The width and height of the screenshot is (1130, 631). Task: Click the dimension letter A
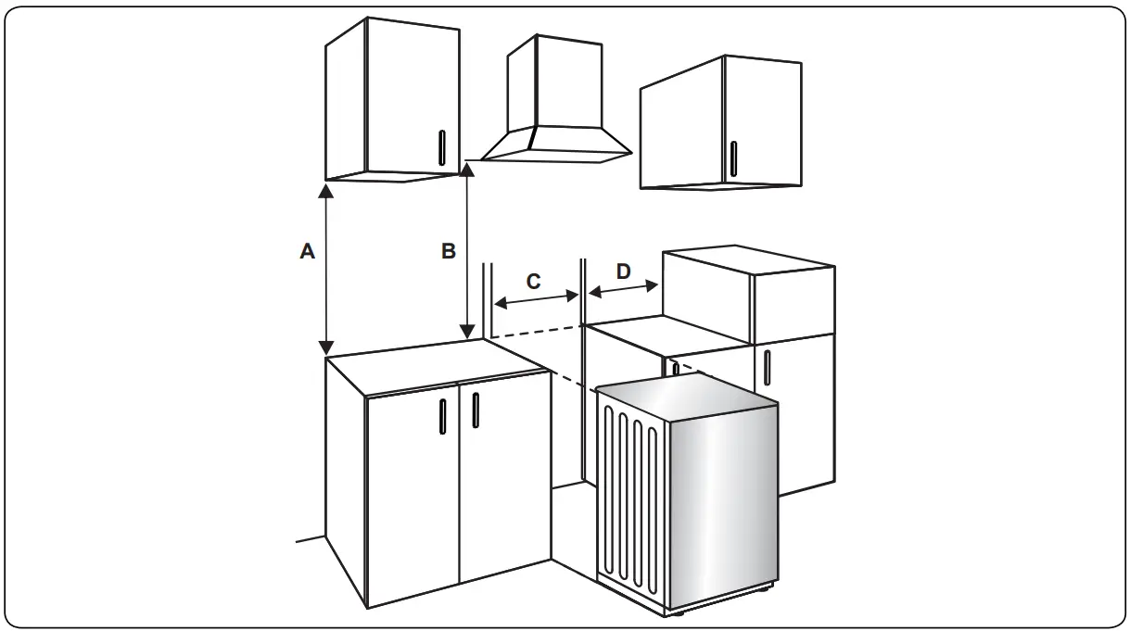tap(308, 251)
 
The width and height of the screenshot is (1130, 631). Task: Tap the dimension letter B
tap(448, 251)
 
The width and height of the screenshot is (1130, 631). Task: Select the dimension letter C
tap(534, 282)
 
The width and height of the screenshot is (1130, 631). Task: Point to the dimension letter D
tap(623, 271)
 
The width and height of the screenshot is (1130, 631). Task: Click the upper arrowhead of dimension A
tap(325, 191)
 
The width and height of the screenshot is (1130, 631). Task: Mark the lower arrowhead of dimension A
tap(325, 347)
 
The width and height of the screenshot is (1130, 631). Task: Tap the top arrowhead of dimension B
tap(468, 169)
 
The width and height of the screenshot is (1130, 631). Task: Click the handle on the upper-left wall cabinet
tap(441, 148)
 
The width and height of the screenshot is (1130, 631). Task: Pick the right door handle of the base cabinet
tap(475, 410)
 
